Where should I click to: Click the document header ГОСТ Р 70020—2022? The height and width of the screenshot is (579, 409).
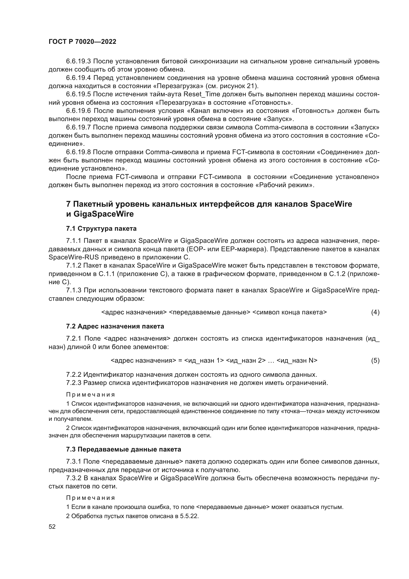coord(82,42)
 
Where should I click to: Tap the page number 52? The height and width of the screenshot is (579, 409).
coord(52,527)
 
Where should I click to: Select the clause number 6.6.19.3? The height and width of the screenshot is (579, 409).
coord(78,61)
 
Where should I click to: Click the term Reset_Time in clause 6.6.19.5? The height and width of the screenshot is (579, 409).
coord(202,94)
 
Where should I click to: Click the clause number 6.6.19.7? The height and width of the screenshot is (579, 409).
coord(78,127)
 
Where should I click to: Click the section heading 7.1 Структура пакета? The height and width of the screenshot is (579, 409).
coord(101,229)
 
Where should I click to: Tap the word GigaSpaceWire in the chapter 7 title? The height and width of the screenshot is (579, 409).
coord(104,214)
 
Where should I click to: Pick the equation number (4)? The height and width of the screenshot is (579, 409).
coord(375,312)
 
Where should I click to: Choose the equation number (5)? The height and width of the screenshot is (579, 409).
coord(375,361)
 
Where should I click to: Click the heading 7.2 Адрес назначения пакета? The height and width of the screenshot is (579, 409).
coord(115,326)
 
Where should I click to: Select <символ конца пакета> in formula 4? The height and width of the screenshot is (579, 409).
coord(289,312)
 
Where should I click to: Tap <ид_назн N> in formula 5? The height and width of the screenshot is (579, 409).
coord(297,361)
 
